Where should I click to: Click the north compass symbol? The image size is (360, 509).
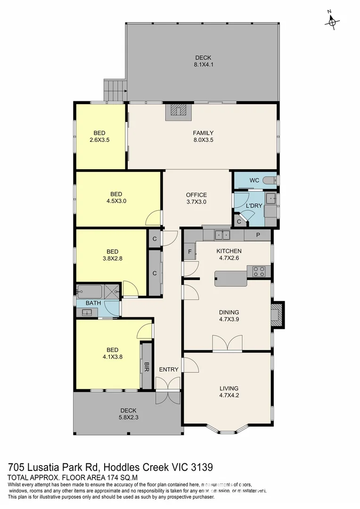(x=333, y=20)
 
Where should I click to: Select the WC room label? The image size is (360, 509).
(x=254, y=181)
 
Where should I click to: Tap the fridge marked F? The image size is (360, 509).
(x=189, y=252)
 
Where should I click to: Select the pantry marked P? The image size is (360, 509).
(x=258, y=235)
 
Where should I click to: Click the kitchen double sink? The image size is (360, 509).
(x=221, y=234)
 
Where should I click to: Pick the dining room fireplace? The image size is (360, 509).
(x=277, y=314)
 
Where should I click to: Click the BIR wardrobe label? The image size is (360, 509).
(x=147, y=365)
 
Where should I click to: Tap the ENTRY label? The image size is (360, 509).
(x=168, y=369)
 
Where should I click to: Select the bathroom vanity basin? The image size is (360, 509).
(x=87, y=312)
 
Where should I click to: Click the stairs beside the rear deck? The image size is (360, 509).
(x=115, y=88)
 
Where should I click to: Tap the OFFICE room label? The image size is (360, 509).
(x=196, y=195)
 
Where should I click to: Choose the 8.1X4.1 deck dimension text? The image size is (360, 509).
(x=204, y=65)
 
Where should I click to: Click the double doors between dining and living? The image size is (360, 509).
(x=228, y=344)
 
